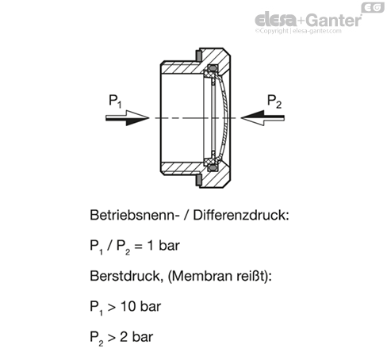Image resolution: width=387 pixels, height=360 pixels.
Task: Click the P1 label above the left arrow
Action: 115,101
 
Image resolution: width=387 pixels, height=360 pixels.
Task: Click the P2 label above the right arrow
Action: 274,101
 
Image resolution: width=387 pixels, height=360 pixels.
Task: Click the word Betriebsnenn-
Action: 132,215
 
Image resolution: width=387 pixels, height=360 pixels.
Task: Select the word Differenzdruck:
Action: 241,215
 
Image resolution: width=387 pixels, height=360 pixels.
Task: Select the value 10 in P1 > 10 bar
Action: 128,307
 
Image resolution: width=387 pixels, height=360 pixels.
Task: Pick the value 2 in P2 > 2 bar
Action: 124,337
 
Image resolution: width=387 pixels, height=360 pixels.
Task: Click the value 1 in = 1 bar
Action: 150,246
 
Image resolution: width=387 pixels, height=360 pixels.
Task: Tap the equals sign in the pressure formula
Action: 138,247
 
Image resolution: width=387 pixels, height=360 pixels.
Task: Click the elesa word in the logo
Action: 276,20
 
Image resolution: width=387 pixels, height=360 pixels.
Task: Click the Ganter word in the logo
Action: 334,20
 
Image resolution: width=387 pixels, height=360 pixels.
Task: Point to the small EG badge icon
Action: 373,7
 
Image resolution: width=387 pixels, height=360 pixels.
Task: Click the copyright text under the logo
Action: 298,31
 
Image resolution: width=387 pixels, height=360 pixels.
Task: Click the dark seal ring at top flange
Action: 198,56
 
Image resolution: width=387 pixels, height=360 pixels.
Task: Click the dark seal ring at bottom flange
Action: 198,180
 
